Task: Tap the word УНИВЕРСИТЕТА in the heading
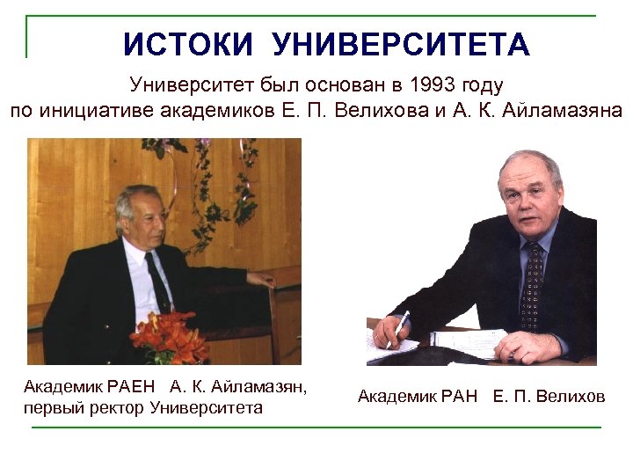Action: (401, 44)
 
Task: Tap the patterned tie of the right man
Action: (532, 281)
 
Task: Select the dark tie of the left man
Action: (158, 281)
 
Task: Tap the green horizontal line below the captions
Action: (316, 427)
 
